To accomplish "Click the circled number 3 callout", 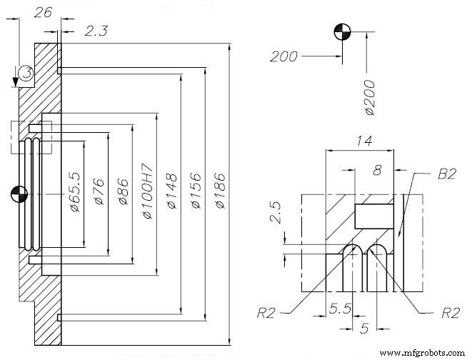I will (25, 72).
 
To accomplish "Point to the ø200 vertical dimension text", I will (370, 97).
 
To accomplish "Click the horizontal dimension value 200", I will (283, 56).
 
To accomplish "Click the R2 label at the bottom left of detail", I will (268, 311).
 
